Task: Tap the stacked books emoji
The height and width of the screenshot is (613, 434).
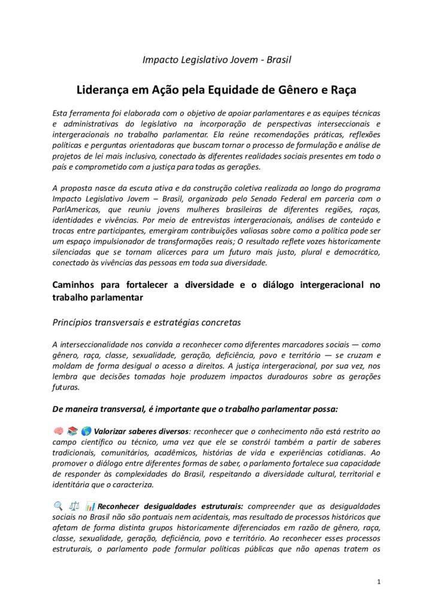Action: [72, 431]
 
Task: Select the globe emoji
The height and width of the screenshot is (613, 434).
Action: [86, 431]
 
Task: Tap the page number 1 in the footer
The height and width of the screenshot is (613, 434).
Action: [379, 581]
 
